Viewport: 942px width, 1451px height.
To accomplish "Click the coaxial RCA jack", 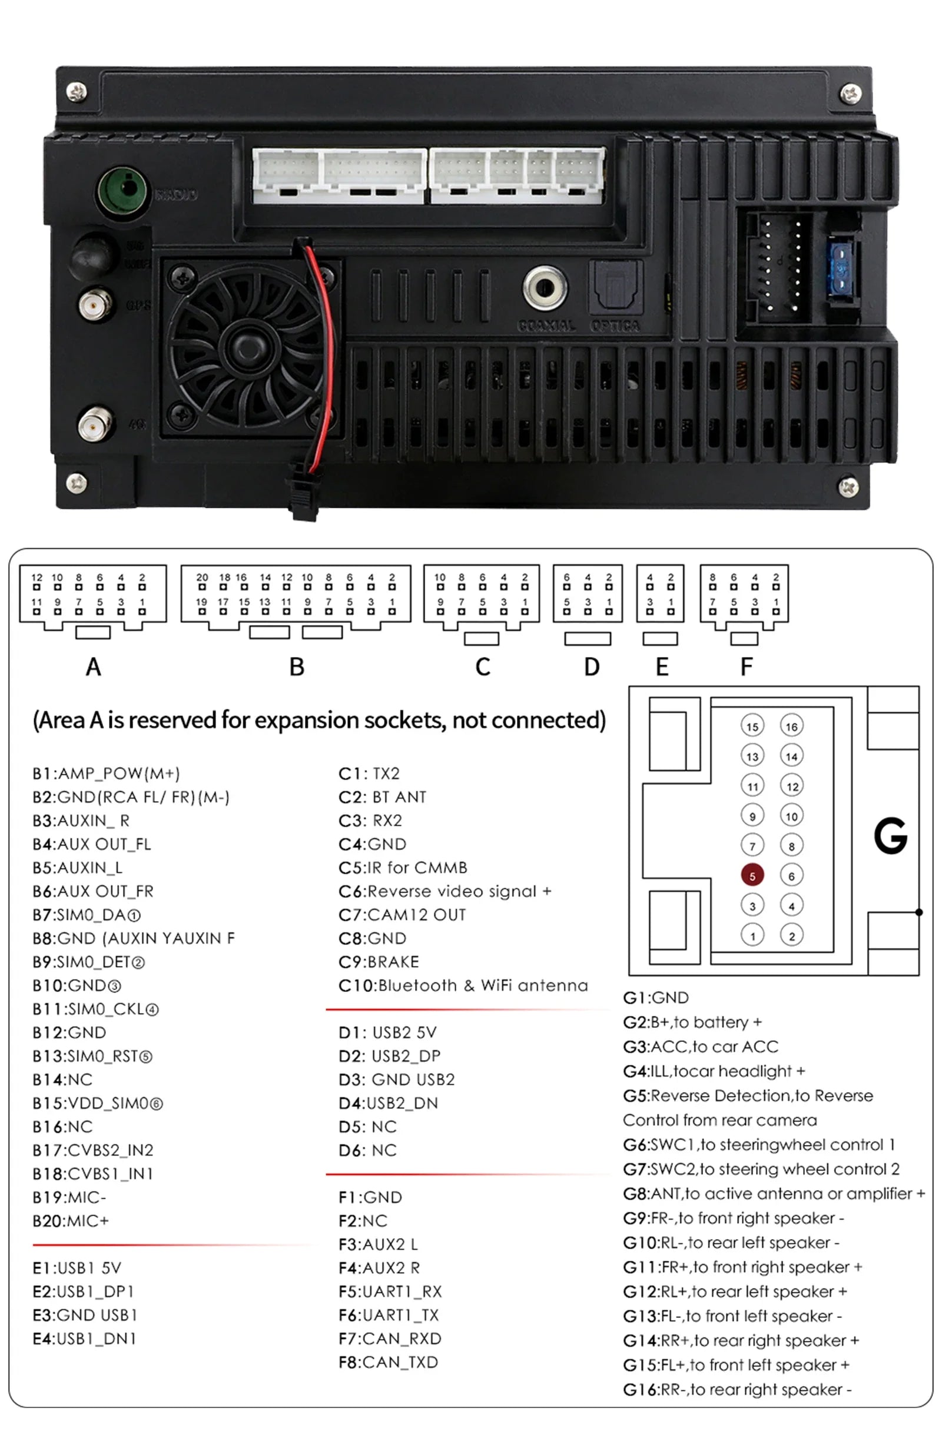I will (545, 287).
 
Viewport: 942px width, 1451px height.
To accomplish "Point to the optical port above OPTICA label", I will (615, 286).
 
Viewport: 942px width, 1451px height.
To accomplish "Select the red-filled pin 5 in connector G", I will (752, 875).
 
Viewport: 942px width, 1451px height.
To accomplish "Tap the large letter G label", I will (890, 836).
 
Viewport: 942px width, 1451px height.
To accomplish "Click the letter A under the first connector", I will (93, 666).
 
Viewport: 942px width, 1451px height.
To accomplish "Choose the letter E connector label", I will (662, 666).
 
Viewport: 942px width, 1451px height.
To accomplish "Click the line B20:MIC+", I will (71, 1221).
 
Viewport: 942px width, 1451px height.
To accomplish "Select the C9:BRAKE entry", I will (379, 961).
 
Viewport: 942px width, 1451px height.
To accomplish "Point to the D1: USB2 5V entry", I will (387, 1032).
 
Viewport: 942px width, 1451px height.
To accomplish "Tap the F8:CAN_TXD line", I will (388, 1362).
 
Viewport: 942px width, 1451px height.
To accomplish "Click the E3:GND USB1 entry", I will (85, 1315).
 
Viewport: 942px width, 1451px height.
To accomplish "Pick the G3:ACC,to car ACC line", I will (700, 1046).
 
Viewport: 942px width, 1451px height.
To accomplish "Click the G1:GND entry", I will (655, 997).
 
